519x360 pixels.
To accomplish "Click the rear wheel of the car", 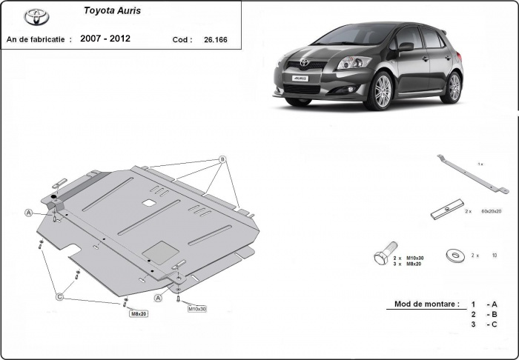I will (x=452, y=87).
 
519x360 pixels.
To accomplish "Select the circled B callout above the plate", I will (x=221, y=160).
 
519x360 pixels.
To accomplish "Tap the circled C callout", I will (x=59, y=297).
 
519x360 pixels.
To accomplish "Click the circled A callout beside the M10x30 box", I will (x=157, y=297).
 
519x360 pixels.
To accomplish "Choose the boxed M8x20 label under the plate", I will (x=139, y=314).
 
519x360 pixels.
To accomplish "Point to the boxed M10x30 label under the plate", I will (x=196, y=308).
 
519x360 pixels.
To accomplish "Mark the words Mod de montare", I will (x=420, y=304).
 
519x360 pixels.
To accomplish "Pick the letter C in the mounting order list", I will (x=493, y=324).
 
